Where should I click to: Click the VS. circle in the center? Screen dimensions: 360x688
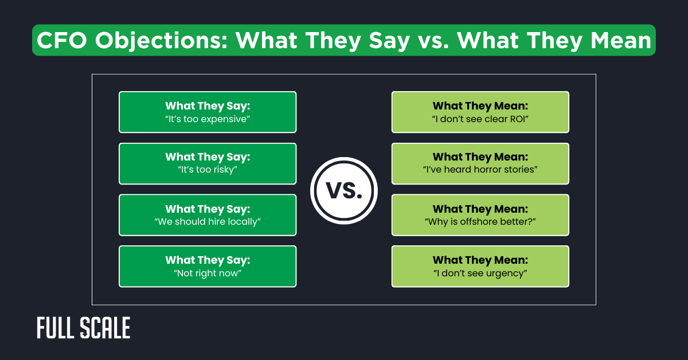pos(344,191)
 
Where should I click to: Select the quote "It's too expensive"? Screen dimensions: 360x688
pos(208,119)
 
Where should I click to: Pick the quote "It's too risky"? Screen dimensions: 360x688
pos(208,170)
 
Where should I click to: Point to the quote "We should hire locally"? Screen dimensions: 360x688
pos(208,222)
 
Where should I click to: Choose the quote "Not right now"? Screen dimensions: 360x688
pos(208,273)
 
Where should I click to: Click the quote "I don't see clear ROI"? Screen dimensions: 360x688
pos(480,119)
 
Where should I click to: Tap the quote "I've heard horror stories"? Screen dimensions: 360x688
pos(480,170)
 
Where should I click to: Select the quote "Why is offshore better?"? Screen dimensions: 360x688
pos(480,222)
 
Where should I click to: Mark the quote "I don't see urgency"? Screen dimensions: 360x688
pos(480,273)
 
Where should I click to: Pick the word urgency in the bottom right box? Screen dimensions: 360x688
pos(503,273)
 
